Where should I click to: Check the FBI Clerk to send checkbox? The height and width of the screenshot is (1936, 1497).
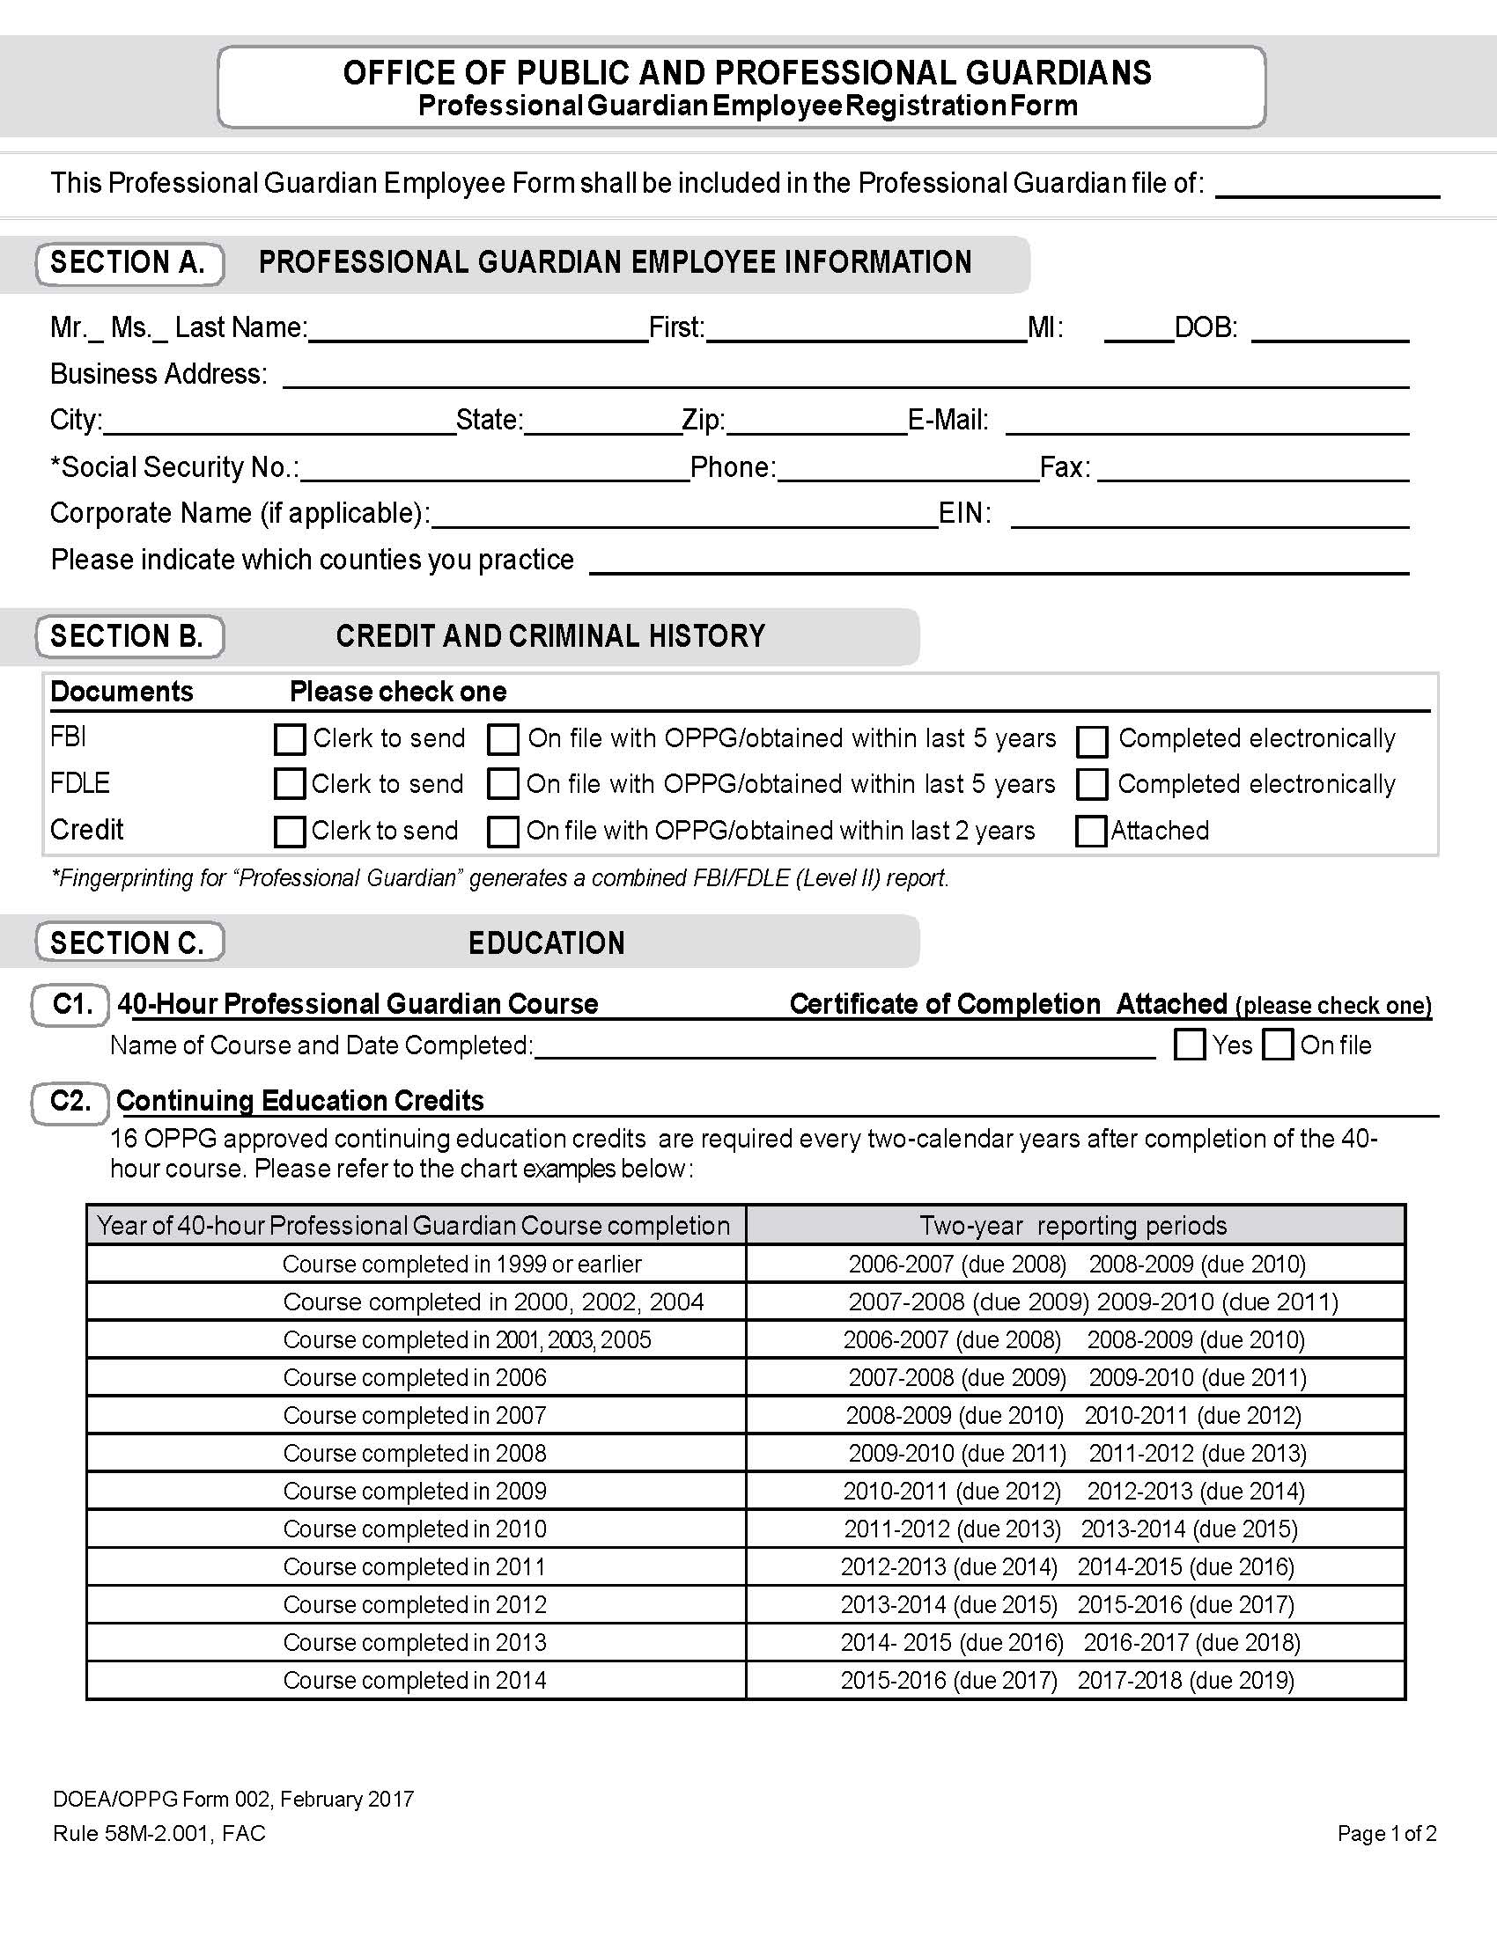click(x=290, y=739)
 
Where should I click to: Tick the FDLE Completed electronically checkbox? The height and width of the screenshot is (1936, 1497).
click(x=1092, y=784)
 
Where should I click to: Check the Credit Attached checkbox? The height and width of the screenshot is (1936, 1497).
click(x=1091, y=831)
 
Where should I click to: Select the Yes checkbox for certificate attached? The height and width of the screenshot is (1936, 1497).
click(x=1190, y=1045)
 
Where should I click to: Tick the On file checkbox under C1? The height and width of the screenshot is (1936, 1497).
click(x=1278, y=1045)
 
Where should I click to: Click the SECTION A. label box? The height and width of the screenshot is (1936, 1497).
click(x=129, y=263)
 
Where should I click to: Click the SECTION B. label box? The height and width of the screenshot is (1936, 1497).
click(x=129, y=636)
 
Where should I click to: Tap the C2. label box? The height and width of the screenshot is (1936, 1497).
click(x=71, y=1102)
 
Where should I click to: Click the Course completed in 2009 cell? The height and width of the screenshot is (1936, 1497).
click(x=415, y=1491)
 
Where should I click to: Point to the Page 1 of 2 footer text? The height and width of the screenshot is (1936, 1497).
click(x=1386, y=1833)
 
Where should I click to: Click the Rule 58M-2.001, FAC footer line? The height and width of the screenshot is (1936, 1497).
click(x=159, y=1833)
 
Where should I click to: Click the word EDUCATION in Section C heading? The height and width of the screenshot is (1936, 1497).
click(x=546, y=943)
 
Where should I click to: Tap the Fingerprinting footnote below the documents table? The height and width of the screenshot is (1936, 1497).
click(x=500, y=878)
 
